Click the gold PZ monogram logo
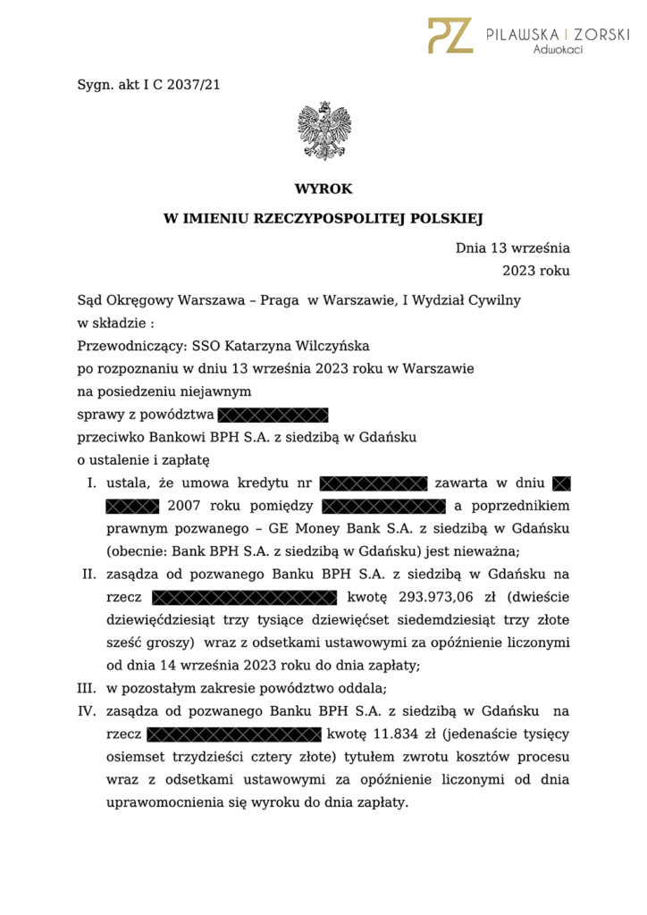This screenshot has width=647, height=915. (450, 35)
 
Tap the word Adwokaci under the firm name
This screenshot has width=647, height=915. (558, 50)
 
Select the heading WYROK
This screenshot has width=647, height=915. (323, 189)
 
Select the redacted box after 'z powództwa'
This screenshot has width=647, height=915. (273, 415)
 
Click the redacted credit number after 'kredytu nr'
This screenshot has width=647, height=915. (374, 484)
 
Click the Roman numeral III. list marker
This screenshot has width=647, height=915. (88, 689)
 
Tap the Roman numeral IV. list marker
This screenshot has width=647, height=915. (88, 711)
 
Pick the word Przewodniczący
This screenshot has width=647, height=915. (130, 346)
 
